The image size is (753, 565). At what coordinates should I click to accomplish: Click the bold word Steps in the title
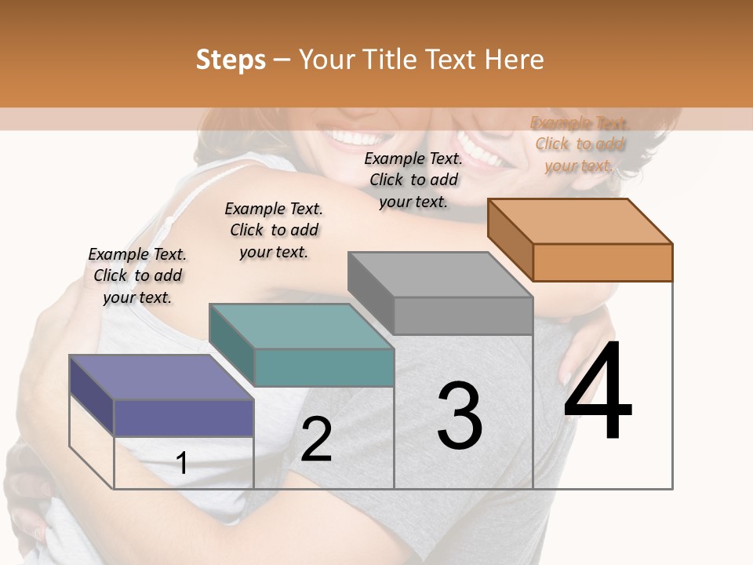[x=231, y=60]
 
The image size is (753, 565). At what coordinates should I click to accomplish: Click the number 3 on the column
[x=459, y=416]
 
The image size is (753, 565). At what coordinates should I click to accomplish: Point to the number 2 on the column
[x=316, y=439]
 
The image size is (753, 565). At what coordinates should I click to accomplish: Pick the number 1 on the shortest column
[x=182, y=463]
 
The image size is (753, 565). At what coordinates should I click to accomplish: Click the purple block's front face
[x=184, y=417]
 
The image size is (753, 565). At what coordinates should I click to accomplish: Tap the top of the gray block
[x=440, y=275]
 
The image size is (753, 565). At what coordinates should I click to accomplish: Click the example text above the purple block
[x=137, y=275]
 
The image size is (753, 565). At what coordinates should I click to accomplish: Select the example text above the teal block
[x=274, y=230]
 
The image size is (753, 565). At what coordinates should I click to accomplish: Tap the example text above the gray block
[x=413, y=180]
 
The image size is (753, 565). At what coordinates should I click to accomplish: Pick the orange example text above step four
[x=580, y=144]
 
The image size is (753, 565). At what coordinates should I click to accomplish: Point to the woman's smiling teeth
[x=354, y=138]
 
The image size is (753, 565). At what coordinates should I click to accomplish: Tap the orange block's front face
[x=602, y=262]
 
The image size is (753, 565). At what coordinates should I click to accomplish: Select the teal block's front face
[x=324, y=367]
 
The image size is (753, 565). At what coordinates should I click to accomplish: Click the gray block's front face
[x=463, y=315]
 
